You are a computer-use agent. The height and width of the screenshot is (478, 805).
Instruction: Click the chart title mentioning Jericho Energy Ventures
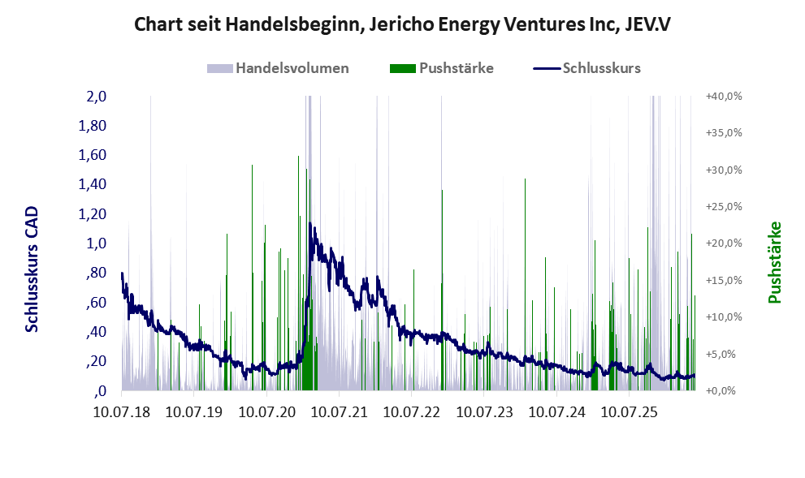[402, 24]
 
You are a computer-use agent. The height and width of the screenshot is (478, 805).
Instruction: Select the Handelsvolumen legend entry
[278, 68]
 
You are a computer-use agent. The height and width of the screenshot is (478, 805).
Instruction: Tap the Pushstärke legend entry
[442, 68]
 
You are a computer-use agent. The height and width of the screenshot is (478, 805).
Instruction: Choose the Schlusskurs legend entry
[586, 68]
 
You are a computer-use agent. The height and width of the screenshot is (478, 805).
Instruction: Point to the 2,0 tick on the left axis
[97, 97]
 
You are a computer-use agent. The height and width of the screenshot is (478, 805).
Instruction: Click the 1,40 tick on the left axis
[93, 184]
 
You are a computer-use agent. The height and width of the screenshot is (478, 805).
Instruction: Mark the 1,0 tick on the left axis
[97, 243]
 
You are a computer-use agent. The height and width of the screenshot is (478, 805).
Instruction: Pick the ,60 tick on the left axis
[97, 302]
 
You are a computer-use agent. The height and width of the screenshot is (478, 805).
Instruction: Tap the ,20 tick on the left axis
[97, 361]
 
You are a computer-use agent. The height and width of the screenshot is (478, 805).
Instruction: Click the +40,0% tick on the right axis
[724, 97]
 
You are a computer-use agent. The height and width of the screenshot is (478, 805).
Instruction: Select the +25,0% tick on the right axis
[724, 207]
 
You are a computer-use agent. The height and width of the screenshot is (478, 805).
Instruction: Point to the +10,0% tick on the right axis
[724, 317]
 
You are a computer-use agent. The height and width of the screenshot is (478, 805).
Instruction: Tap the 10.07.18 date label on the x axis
[122, 411]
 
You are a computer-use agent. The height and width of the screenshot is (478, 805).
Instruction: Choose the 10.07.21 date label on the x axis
[339, 411]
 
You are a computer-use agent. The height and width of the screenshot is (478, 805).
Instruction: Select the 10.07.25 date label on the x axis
[629, 411]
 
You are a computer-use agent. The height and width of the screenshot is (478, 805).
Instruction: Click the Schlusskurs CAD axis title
[32, 269]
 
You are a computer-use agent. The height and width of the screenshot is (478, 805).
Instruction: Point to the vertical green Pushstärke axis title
[775, 262]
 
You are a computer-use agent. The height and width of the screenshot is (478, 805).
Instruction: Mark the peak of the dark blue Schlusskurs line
[310, 223]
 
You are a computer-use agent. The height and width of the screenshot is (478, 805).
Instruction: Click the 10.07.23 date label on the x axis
[484, 411]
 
